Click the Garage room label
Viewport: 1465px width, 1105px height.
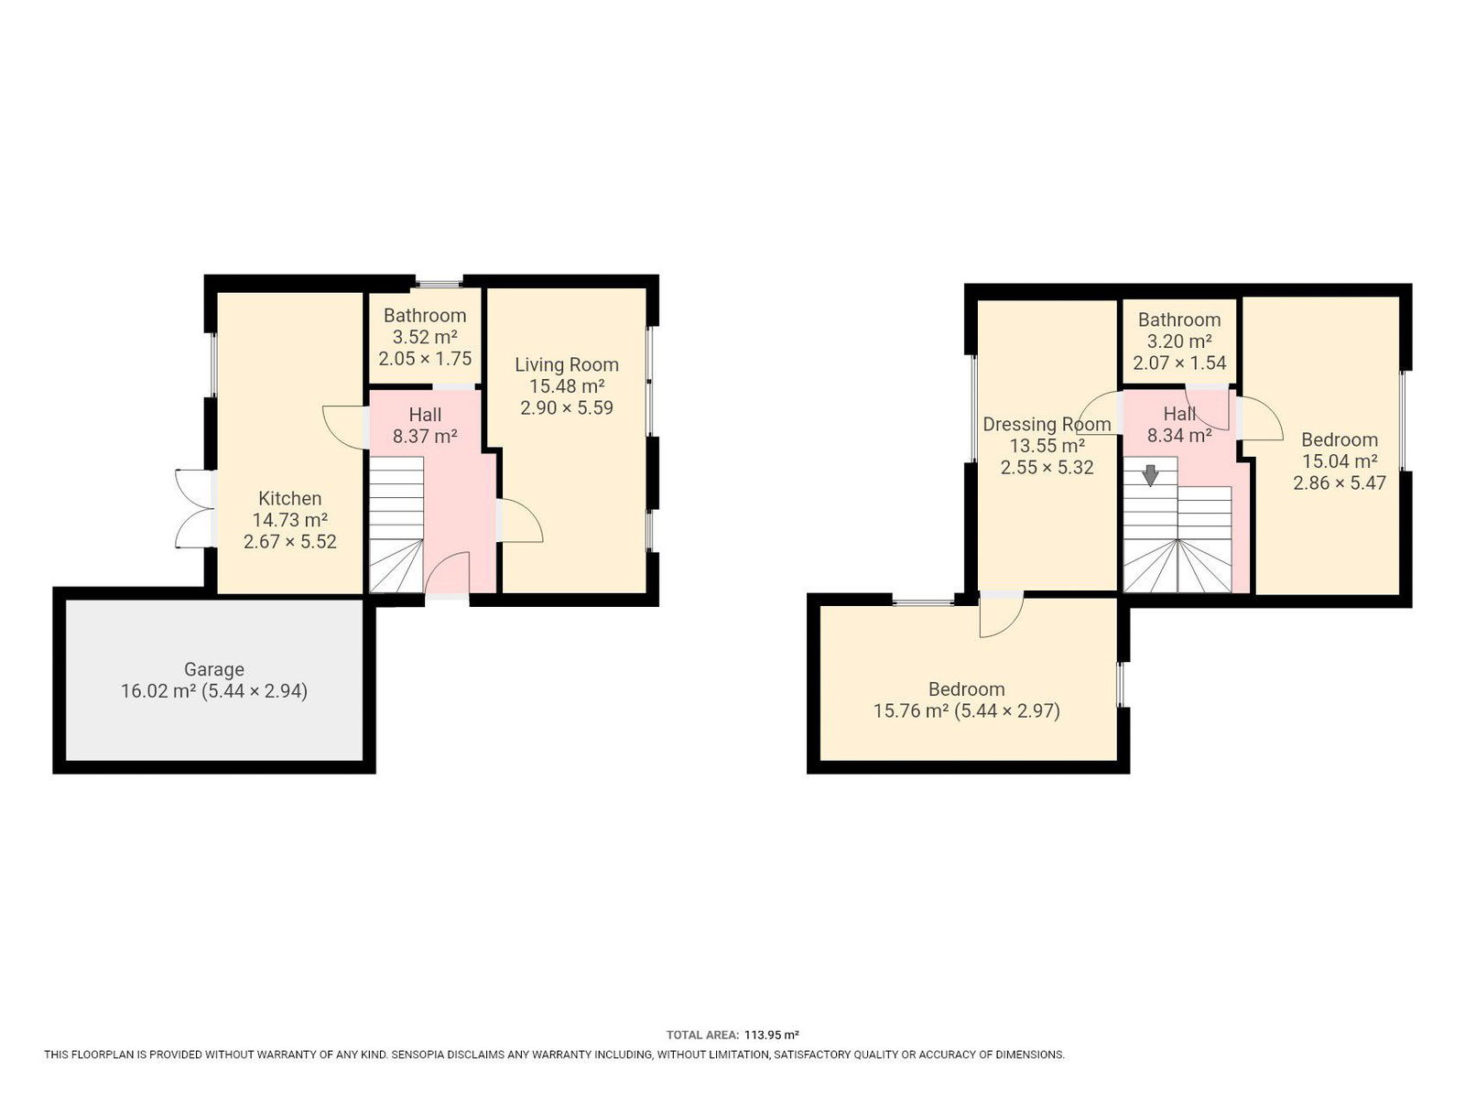[x=213, y=669]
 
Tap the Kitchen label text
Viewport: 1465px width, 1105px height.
[x=289, y=498]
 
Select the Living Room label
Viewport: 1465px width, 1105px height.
[x=567, y=365]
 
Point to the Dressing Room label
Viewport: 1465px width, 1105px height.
[x=1047, y=425]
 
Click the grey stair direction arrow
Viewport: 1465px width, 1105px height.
[x=1150, y=475]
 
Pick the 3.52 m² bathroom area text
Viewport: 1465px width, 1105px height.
[x=425, y=337]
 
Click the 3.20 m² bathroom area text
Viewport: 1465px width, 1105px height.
[x=1179, y=341]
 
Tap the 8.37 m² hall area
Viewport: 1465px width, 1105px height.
[x=425, y=437]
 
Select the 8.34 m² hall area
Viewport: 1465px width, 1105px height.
[x=1179, y=437]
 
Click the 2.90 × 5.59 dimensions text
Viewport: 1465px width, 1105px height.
[x=567, y=407]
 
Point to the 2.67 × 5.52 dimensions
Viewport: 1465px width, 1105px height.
[x=289, y=541]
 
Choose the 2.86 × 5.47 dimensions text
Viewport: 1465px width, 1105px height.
[x=1340, y=483]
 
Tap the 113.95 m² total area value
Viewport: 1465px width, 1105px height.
[x=772, y=1035]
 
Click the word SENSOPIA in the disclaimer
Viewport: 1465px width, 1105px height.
[x=418, y=1055]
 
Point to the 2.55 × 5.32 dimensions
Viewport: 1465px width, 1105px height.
[x=1047, y=468]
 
